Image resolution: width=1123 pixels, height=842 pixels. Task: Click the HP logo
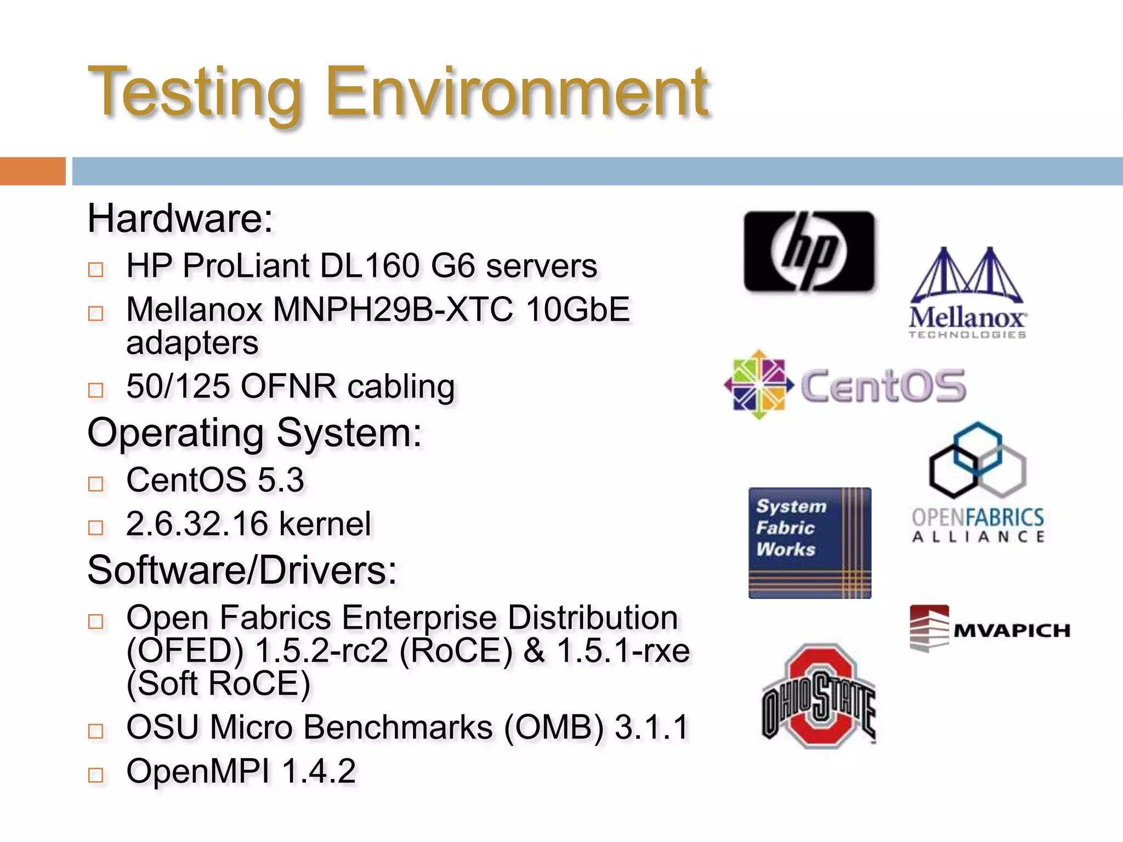[x=809, y=251]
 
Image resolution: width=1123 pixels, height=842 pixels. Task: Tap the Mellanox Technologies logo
[x=967, y=293]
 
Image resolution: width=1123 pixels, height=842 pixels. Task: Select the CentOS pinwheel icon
[x=759, y=385]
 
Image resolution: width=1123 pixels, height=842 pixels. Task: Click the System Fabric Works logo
[x=809, y=543]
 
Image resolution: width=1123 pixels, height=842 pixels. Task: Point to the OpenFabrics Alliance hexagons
[x=978, y=460]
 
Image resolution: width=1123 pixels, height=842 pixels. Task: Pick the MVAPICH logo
[x=989, y=629]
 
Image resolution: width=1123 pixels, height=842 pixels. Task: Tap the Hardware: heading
[x=180, y=219]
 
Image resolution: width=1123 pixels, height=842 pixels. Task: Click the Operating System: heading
[x=254, y=433]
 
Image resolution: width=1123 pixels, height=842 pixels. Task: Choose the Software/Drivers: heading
[x=242, y=570]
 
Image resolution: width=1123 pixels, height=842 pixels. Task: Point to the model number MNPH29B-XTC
[x=393, y=310]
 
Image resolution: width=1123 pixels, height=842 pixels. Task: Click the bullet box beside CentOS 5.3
[x=96, y=483]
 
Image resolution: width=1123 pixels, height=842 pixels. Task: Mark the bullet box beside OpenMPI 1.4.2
[x=96, y=775]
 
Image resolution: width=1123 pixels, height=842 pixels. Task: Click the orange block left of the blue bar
[x=32, y=171]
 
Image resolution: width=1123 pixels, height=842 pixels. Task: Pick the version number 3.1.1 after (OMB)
[x=651, y=727]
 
